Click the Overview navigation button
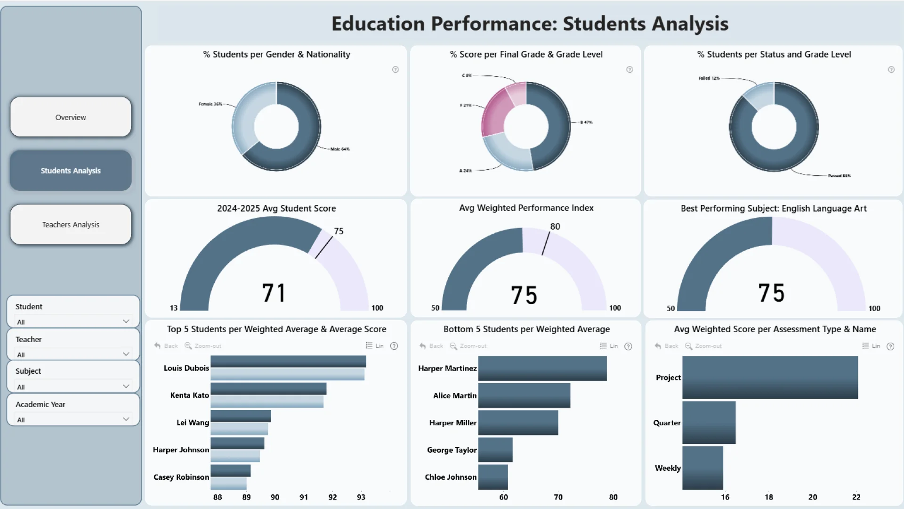tap(71, 117)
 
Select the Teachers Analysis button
tap(71, 225)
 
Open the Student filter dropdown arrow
tap(126, 321)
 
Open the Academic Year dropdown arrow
tap(126, 419)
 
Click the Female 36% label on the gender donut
tap(210, 104)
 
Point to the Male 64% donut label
tap(340, 149)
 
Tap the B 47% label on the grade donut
tap(586, 122)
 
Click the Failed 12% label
tap(709, 78)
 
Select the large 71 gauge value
tap(274, 293)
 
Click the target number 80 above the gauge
tap(555, 227)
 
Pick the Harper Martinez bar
tap(542, 369)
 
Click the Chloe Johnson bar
tap(492, 477)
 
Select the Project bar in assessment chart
tap(770, 378)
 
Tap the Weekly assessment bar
tap(702, 468)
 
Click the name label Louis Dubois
tap(186, 368)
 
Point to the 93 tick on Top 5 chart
tap(361, 497)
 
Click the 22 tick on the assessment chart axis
tap(856, 497)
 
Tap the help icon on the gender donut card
tap(395, 70)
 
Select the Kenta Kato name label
tap(189, 395)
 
